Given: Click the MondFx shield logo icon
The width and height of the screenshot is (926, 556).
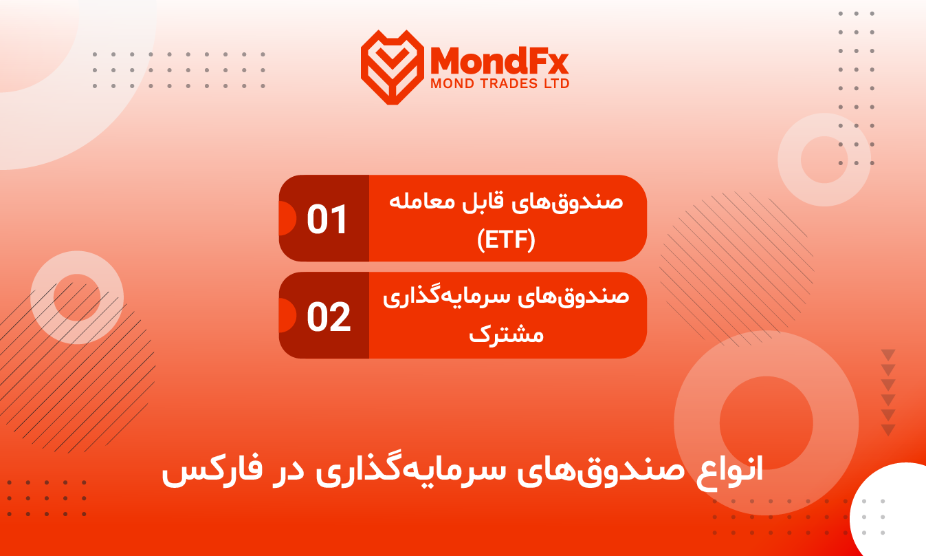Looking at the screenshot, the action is click(393, 67).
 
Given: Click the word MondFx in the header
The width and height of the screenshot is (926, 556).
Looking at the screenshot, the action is click(499, 61).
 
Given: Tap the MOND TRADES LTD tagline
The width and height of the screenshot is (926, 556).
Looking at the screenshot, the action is click(500, 84).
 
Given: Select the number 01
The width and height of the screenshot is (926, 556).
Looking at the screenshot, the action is click(327, 220).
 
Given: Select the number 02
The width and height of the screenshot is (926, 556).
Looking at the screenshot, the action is click(329, 317).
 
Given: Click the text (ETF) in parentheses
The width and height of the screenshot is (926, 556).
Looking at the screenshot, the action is click(506, 240).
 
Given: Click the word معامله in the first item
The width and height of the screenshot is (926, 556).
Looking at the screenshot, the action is click(417, 202).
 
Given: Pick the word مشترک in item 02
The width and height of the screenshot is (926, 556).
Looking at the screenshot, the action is click(506, 334).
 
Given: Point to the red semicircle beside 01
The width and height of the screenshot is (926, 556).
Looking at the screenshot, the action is click(288, 218).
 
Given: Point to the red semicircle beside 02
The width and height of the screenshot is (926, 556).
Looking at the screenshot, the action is click(288, 315).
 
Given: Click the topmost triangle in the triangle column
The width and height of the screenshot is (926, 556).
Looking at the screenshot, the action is click(888, 355).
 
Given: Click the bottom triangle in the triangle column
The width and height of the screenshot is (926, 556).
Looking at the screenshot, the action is click(888, 430).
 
